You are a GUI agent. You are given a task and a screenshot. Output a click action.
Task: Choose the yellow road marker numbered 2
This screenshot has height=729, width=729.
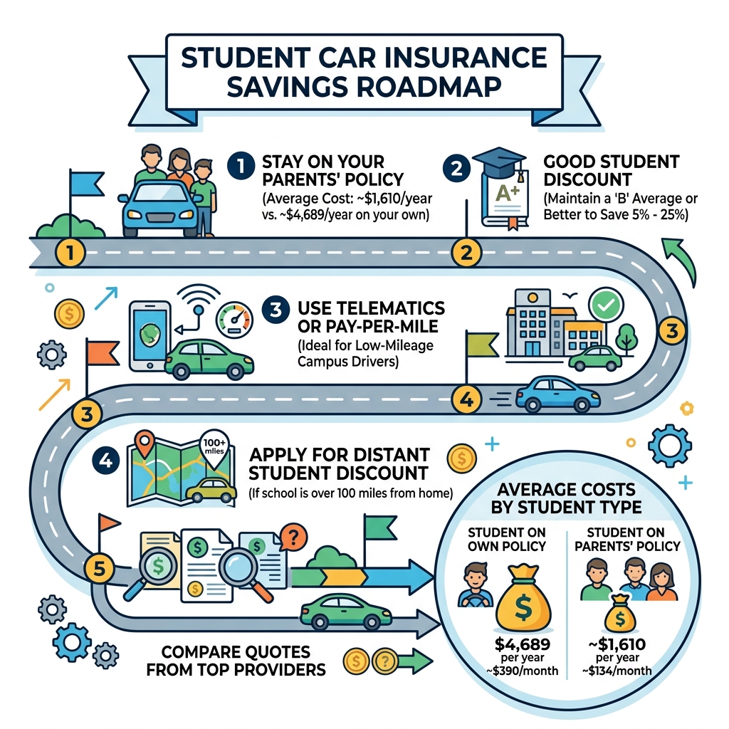point(466,252)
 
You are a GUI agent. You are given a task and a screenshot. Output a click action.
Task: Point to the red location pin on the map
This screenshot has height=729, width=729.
point(146,446)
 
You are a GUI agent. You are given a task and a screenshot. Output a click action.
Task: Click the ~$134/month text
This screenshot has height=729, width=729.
point(624,670)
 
